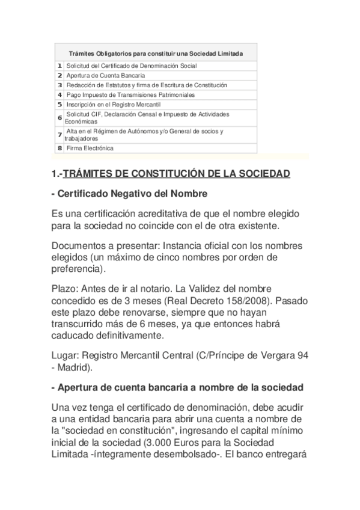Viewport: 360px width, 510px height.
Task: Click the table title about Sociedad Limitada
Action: (x=156, y=54)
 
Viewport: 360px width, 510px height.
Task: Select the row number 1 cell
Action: (x=59, y=66)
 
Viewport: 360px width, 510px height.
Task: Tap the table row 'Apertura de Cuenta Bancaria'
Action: (x=105, y=76)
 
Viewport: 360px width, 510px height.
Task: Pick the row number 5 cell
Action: (x=59, y=104)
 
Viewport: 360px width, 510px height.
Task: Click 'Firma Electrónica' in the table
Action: (x=90, y=148)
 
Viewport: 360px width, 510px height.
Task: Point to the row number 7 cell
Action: (x=59, y=135)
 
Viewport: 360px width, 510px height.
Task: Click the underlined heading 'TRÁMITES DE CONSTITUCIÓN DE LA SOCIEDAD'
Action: (x=176, y=174)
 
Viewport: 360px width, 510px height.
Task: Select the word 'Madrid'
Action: (x=74, y=367)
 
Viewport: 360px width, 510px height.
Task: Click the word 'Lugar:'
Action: (x=65, y=355)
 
